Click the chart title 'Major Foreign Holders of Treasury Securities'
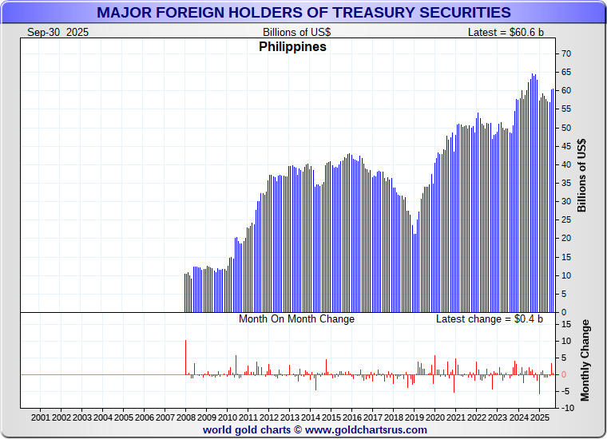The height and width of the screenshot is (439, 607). point(303,12)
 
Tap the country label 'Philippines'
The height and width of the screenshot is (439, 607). point(292,47)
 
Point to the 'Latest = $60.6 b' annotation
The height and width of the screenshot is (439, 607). point(506,32)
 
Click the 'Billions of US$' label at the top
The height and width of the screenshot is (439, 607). point(296,32)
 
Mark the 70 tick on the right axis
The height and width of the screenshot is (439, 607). point(565,53)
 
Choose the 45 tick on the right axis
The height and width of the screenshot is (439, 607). point(565,146)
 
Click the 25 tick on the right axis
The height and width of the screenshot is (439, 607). point(565,219)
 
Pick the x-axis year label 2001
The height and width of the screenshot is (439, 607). point(41,417)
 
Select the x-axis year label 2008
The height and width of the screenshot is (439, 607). point(186,417)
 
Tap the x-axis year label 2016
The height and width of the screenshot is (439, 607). point(352,417)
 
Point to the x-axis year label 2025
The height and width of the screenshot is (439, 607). point(539,417)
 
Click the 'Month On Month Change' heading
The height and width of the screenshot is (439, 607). point(296,319)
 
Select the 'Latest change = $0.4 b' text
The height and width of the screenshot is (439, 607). point(489,319)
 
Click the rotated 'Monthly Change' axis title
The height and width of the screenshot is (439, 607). point(585,360)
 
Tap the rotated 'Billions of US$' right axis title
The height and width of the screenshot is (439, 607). point(581,176)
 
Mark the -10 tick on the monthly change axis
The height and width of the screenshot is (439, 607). point(564,408)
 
